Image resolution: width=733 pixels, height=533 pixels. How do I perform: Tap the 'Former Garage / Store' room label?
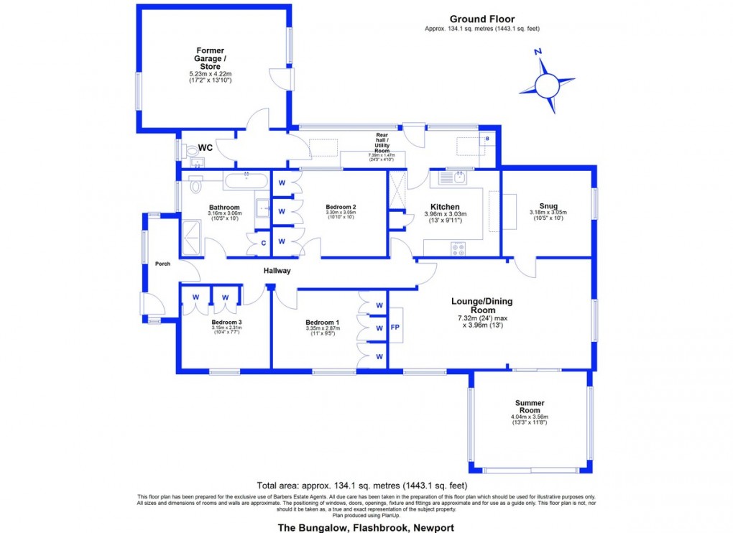click(211, 58)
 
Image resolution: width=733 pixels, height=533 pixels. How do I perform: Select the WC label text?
click(205, 148)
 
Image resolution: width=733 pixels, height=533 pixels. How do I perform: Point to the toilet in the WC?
click(190, 152)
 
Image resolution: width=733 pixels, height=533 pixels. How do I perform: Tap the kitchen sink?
click(453, 177)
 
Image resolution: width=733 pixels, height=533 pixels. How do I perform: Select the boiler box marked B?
click(487, 139)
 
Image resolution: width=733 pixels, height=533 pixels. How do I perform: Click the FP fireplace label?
click(395, 327)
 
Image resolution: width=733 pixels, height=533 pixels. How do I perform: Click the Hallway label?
click(276, 271)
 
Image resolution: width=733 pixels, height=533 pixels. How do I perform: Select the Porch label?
click(162, 264)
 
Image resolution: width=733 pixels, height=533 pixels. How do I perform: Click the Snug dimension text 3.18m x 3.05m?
click(548, 213)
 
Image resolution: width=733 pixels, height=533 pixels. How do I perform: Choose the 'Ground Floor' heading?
click(481, 19)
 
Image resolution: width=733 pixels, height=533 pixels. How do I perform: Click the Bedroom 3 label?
click(226, 323)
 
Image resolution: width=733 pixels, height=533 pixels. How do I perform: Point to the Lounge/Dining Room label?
click(481, 305)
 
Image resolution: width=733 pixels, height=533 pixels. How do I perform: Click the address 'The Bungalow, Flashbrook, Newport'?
click(366, 528)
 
